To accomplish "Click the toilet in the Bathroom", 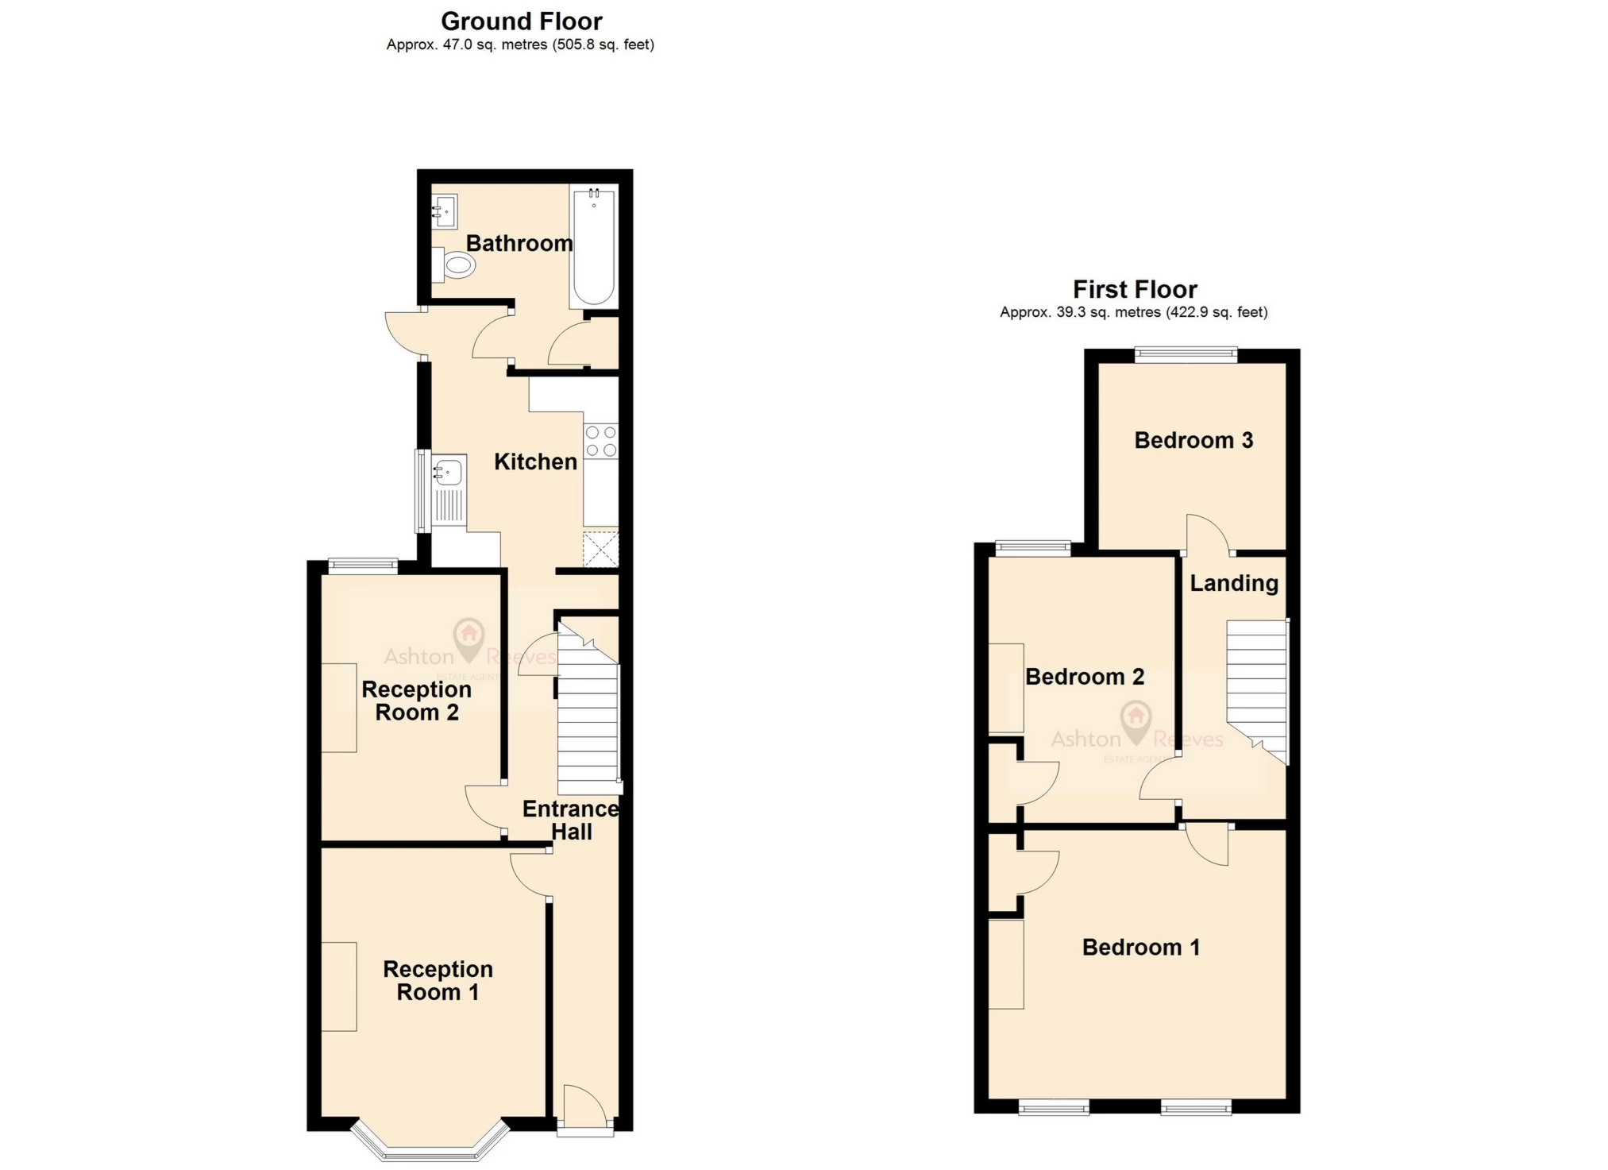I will point(457,265).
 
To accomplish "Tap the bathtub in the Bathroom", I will point(594,246).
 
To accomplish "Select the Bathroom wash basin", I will point(444,211).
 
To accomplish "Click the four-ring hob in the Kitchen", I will point(601,442).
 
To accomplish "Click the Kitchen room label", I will point(535,461).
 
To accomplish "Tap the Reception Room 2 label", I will point(416,701).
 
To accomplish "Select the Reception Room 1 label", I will point(438,980).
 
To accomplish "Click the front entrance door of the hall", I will point(584,1112).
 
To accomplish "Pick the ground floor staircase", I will point(588,715).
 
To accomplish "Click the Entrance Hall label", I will point(570,820).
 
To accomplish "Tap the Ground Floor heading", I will point(521,21).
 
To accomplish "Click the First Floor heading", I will point(1134,289).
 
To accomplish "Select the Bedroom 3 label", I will point(1193,440).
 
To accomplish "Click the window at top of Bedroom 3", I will point(1186,354).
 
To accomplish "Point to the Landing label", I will point(1233,583).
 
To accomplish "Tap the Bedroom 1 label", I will point(1140,947).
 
